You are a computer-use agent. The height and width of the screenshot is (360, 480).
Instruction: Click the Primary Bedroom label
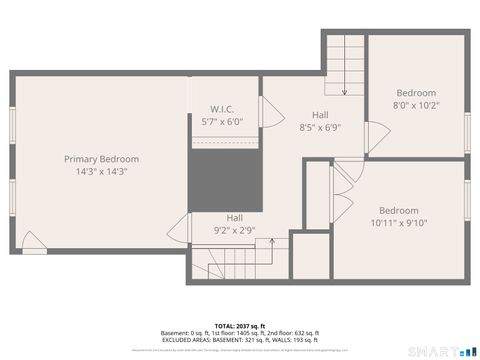click(101, 159)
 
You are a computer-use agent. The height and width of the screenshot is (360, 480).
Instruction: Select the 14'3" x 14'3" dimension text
click(101, 171)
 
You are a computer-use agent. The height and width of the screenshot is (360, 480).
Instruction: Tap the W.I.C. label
click(222, 109)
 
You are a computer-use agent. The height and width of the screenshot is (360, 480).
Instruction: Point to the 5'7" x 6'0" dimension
click(222, 121)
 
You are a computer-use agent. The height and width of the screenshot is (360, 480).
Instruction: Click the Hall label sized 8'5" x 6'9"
click(320, 115)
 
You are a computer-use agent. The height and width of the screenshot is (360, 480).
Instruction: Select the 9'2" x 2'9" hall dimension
click(234, 229)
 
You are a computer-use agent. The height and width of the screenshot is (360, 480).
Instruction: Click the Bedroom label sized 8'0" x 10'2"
click(414, 93)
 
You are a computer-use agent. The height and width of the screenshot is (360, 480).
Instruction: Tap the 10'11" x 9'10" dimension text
click(398, 223)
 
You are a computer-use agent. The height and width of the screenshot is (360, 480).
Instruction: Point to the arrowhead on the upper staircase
click(343, 93)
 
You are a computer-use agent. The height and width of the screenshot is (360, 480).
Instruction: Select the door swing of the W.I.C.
click(267, 111)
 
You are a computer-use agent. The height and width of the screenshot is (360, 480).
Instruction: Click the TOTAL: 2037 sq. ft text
click(240, 326)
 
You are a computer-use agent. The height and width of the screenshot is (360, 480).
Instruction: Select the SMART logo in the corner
click(441, 350)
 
